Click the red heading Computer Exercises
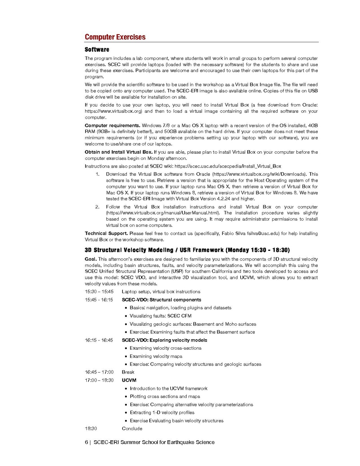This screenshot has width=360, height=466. (x=115, y=37)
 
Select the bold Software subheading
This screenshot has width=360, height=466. (x=97, y=50)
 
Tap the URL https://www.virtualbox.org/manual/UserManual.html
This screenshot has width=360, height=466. (x=164, y=213)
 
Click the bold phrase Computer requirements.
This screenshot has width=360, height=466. (x=112, y=126)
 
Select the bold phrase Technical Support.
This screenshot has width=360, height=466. (x=106, y=233)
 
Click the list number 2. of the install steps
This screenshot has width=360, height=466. (x=98, y=207)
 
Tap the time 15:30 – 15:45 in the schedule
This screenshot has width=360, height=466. (x=99, y=292)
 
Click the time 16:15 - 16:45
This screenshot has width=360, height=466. (x=99, y=340)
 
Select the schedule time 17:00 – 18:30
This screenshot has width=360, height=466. (x=99, y=380)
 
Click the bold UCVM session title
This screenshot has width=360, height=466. (x=129, y=380)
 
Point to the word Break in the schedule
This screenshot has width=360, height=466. (x=128, y=372)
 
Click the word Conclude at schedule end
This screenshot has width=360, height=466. (x=132, y=429)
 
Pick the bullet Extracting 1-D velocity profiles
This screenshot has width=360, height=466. (x=162, y=413)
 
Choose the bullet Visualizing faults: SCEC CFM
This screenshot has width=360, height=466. (x=160, y=316)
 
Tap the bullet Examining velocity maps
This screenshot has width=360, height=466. (x=156, y=356)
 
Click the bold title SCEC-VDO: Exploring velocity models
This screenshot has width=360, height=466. (x=164, y=340)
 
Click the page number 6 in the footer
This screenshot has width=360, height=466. (x=87, y=442)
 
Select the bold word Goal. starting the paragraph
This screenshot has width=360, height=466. (x=91, y=259)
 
